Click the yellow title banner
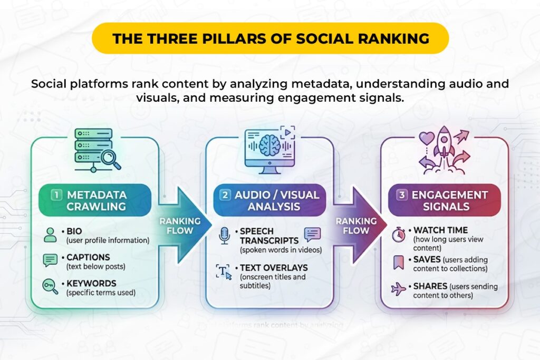pyautogui.click(x=270, y=38)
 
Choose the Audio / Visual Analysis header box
pyautogui.click(x=269, y=201)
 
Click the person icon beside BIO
pyautogui.click(x=50, y=235)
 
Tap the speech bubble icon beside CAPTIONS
pyautogui.click(x=50, y=260)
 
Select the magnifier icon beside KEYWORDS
pyautogui.click(x=50, y=286)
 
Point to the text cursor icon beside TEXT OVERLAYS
pyautogui.click(x=224, y=273)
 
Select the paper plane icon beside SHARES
pyautogui.click(x=399, y=289)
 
